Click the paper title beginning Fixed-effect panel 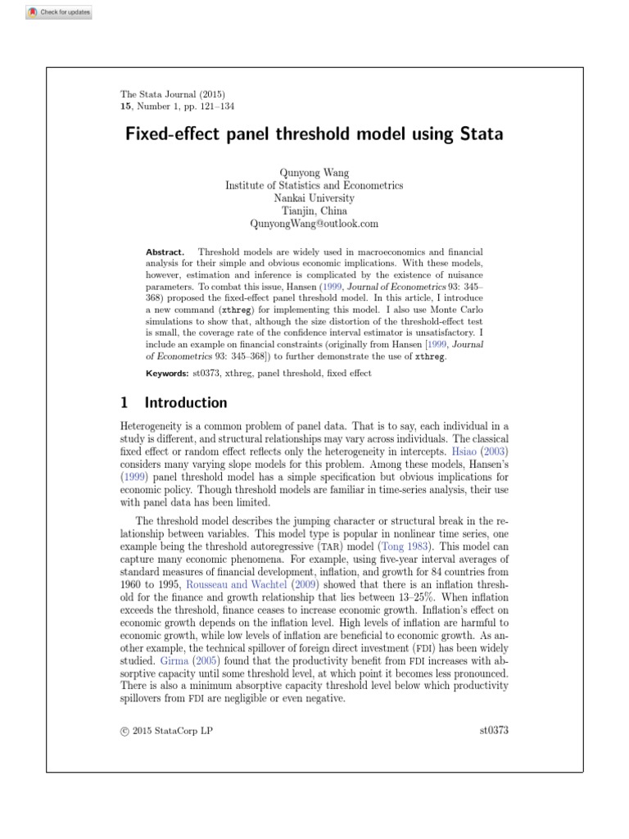314,133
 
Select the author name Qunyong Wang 314,174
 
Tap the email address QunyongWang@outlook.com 314,223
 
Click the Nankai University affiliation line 314,198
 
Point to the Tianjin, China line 314,211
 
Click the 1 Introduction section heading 174,402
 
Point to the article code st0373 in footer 494,730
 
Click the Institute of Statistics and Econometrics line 314,186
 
